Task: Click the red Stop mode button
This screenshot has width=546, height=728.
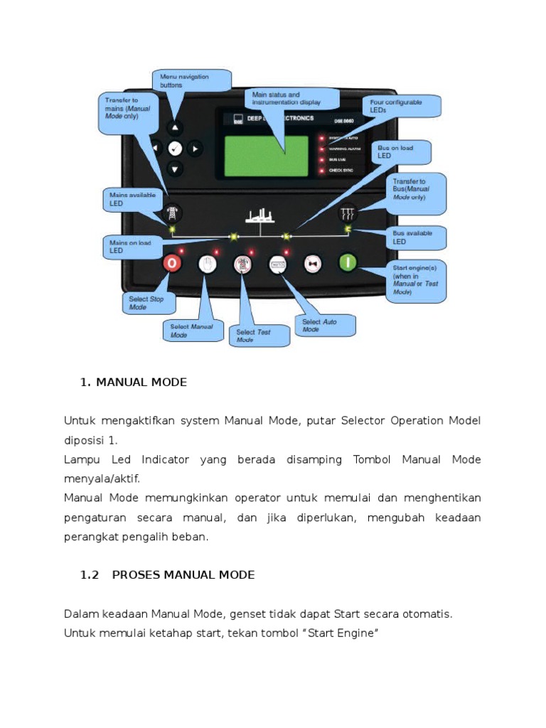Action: coord(172,264)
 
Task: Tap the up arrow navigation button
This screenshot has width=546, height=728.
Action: coord(176,128)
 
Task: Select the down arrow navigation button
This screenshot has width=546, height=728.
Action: coord(176,168)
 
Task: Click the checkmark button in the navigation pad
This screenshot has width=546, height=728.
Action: coord(176,148)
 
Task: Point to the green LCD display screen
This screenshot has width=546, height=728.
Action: coord(266,156)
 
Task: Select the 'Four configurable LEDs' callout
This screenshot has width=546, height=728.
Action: coord(403,106)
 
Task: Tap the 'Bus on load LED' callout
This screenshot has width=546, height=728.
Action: coord(405,151)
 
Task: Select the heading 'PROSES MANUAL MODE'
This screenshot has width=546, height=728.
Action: coord(183,574)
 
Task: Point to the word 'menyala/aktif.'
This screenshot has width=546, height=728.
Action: coord(98,479)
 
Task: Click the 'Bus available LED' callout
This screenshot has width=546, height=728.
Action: coord(417,237)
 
